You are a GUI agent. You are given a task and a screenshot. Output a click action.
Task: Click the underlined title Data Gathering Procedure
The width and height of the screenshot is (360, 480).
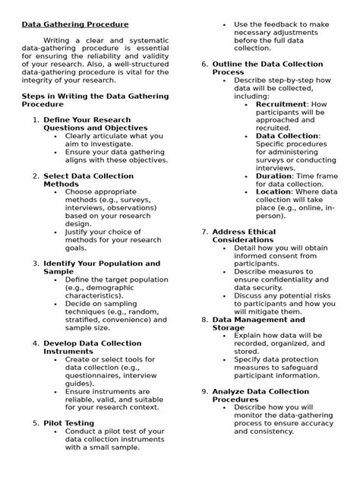point(74,24)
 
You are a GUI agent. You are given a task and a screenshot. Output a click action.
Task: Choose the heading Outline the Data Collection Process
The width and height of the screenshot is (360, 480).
point(267,68)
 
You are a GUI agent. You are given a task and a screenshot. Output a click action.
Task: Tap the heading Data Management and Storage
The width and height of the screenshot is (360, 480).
point(258,323)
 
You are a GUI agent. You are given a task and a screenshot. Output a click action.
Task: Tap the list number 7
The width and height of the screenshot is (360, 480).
point(204,231)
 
